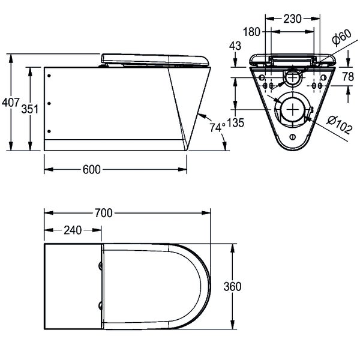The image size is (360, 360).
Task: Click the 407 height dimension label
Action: point(10,103)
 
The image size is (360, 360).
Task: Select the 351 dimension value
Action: point(30,109)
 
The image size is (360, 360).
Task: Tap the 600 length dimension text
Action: point(92,170)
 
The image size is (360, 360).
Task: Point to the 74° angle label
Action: point(217,127)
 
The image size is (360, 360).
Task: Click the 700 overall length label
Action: point(104,213)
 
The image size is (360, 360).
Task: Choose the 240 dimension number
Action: point(73,230)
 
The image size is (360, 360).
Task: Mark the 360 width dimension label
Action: point(233,287)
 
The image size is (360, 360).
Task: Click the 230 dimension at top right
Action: point(292,19)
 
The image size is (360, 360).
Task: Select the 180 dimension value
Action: point(251,32)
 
